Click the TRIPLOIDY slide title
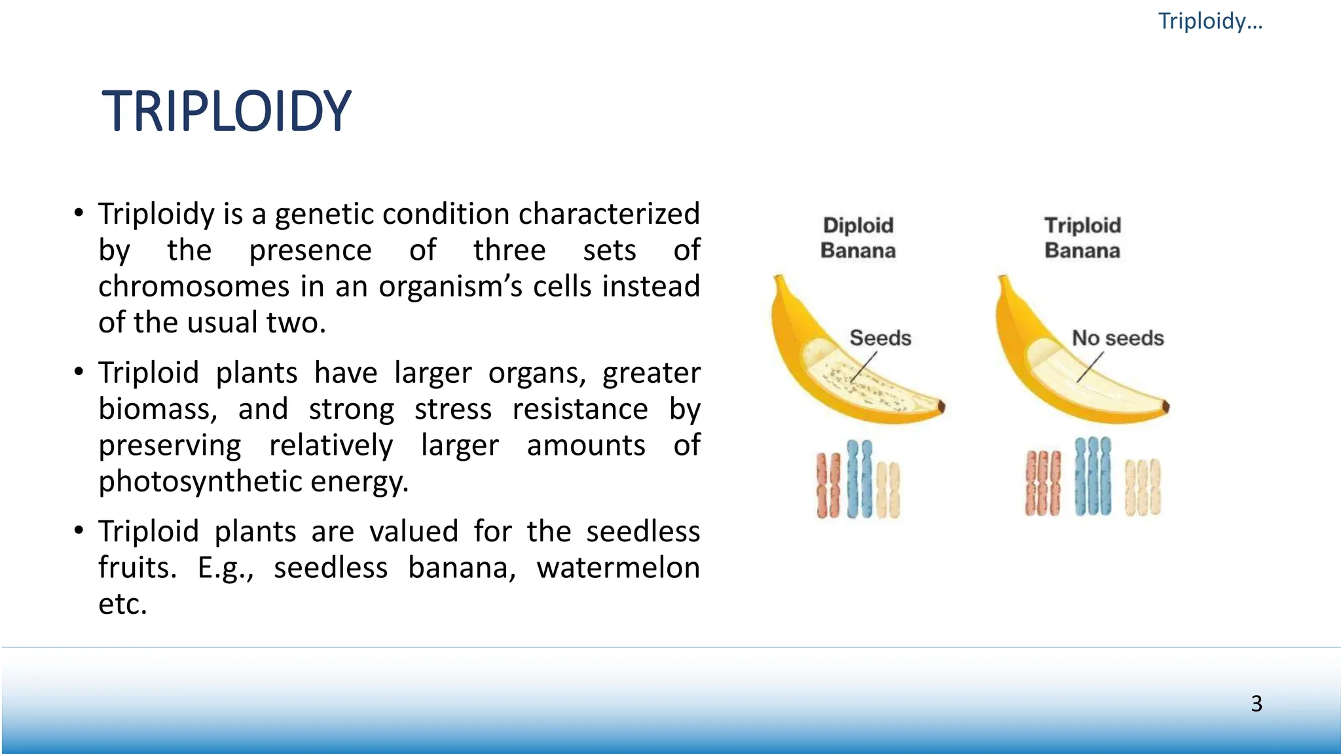pos(227,111)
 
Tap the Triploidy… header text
pos(1209,21)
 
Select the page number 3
pos(1256,704)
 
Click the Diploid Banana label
pos(858,238)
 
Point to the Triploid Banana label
pos(1082,238)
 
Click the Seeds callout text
pos(880,338)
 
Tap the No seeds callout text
pos(1118,338)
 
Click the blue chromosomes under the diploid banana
pos(859,479)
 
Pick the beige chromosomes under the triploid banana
pos(1143,487)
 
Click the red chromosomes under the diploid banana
pos(828,485)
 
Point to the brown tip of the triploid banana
pos(1166,406)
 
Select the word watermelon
pos(617,567)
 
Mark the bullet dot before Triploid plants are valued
pos(79,530)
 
